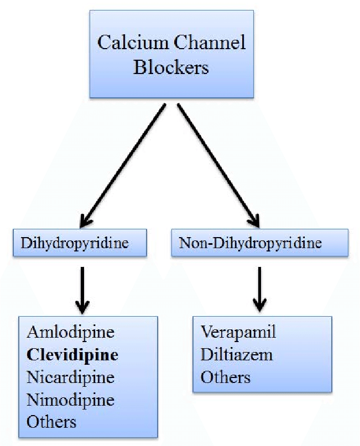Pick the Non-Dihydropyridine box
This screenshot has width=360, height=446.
(259, 243)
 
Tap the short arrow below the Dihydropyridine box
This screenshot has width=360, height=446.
(82, 288)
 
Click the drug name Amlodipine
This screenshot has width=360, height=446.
(70, 332)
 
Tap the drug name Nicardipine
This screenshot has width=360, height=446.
(70, 377)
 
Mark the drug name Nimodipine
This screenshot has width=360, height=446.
(70, 399)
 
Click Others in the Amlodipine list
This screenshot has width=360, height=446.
(51, 422)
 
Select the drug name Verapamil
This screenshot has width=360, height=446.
(238, 332)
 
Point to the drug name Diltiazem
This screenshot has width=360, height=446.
(237, 354)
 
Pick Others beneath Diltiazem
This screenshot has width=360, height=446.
(226, 377)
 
